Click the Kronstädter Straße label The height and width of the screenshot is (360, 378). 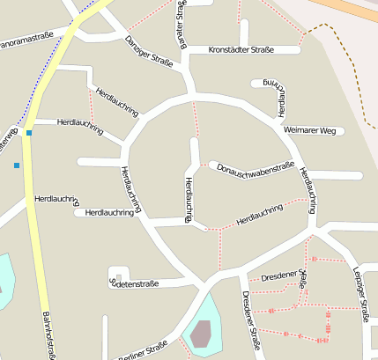(x=240, y=50)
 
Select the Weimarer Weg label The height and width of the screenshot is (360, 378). (x=310, y=131)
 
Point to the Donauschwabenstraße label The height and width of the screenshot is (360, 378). (x=255, y=165)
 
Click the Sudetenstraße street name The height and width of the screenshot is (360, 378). (x=133, y=283)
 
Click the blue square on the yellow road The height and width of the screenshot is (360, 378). (x=29, y=133)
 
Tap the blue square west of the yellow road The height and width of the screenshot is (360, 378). (x=16, y=165)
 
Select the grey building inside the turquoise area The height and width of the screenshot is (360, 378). (x=201, y=334)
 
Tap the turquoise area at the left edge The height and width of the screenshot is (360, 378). (x=4, y=280)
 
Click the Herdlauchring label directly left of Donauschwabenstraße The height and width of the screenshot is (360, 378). (x=189, y=198)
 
